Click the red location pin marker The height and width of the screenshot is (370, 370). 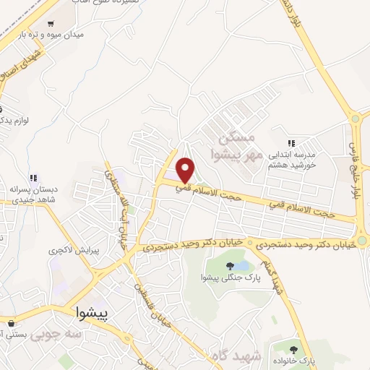pos(186,169)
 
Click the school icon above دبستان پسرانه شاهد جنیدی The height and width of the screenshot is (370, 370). pos(33,178)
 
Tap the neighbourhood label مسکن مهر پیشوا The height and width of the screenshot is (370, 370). pos(238,145)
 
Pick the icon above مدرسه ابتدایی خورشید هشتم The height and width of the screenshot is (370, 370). pos(291,144)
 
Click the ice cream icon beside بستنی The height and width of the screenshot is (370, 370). pos(11,324)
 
